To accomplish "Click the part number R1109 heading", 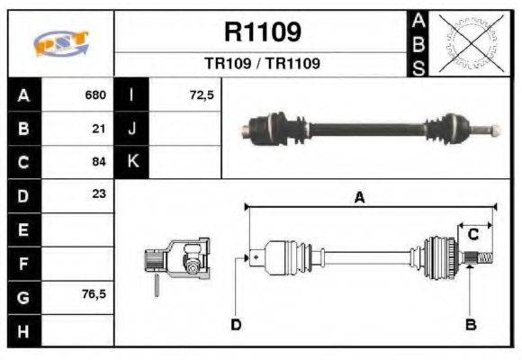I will [262, 32].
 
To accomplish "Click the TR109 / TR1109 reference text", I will [262, 64].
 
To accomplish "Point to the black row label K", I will [131, 162].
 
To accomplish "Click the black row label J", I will [131, 129].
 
